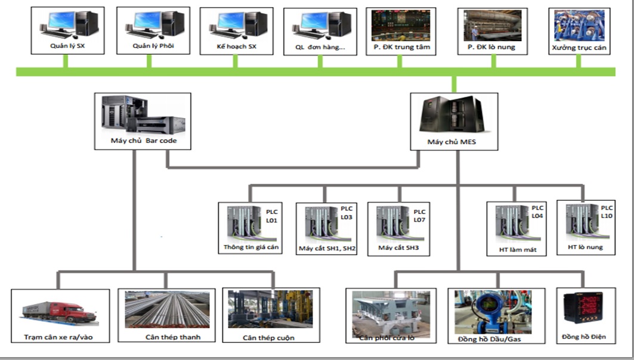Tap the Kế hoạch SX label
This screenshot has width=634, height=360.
click(236, 45)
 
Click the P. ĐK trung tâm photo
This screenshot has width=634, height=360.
click(400, 24)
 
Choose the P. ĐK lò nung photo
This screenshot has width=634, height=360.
click(493, 25)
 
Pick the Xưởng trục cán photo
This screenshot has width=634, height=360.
click(580, 25)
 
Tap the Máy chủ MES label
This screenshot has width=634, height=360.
click(451, 142)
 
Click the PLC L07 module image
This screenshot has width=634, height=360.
click(392, 222)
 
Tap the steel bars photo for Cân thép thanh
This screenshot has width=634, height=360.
click(167, 310)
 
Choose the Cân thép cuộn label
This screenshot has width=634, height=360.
click(268, 337)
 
